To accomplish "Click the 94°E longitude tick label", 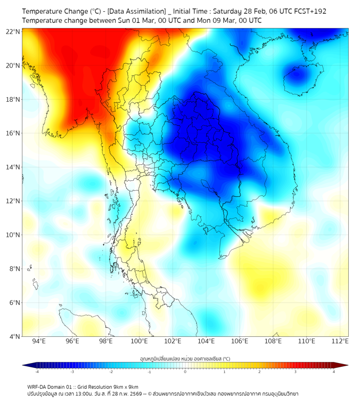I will coord(39,341).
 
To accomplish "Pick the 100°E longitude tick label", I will coord(139,341).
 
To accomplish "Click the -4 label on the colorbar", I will coord(37,372).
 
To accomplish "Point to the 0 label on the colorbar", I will coord(185,372).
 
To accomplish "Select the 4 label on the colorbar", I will coord(334,372).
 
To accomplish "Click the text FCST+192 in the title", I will coord(308,11).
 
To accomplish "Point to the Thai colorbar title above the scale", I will coord(185,359).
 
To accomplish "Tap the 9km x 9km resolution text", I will coord(125,387).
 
